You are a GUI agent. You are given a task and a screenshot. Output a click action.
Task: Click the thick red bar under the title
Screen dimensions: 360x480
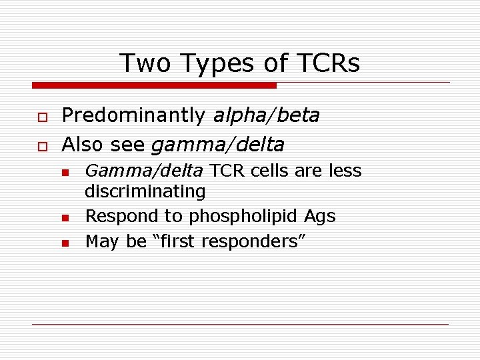[x=153, y=85]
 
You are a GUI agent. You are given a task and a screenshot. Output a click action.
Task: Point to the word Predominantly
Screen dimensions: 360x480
[x=133, y=116]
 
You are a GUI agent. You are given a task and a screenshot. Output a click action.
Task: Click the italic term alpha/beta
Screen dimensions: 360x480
[x=266, y=116]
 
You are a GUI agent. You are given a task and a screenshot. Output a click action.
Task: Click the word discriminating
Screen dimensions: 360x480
[x=145, y=192]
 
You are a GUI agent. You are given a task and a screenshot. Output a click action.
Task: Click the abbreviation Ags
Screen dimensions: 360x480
[x=320, y=217]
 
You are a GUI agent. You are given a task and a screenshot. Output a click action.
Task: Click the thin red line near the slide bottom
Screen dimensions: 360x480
[x=240, y=324]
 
